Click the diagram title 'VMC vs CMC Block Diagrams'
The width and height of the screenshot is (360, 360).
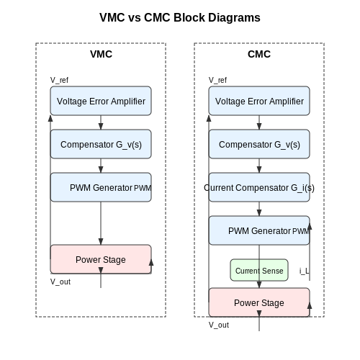tap(180, 18)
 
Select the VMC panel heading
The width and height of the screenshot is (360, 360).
tap(101, 54)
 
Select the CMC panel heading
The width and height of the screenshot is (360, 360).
tap(259, 54)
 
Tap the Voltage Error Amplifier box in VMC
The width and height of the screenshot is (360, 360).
tap(101, 101)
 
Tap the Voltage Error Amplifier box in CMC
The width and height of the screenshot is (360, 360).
tap(259, 101)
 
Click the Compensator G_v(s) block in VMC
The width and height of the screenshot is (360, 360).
tap(101, 144)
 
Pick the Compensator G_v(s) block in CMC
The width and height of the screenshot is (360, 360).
tap(259, 144)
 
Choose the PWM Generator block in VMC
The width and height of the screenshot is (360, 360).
tap(101, 187)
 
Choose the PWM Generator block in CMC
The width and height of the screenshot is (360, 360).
tap(259, 230)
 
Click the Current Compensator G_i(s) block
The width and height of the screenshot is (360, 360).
tap(259, 187)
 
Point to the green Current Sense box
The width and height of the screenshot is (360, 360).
tap(259, 270)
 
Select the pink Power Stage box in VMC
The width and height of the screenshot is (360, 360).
tap(101, 259)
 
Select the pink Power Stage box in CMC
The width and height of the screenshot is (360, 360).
tap(259, 302)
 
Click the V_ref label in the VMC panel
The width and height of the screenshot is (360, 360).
tap(59, 80)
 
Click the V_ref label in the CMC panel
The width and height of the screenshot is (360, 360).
tap(217, 80)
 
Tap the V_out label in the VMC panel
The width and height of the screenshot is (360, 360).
tap(60, 282)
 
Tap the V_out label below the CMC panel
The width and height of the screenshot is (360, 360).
tap(219, 325)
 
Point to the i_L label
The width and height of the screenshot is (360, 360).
tap(304, 271)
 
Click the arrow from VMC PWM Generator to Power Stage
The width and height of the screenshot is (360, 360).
tap(101, 223)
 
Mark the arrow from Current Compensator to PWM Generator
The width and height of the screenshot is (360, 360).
tap(259, 209)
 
